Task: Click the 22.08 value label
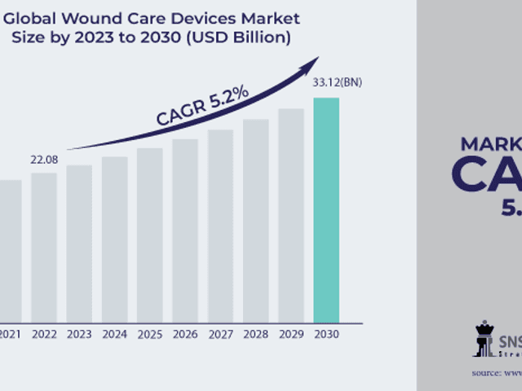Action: click(44, 159)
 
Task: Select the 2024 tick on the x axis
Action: click(114, 334)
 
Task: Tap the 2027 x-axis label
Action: click(220, 334)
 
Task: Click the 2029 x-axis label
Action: click(290, 334)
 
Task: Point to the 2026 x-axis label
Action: click(185, 334)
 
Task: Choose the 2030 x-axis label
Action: click(326, 334)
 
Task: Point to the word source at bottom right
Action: click(487, 372)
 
